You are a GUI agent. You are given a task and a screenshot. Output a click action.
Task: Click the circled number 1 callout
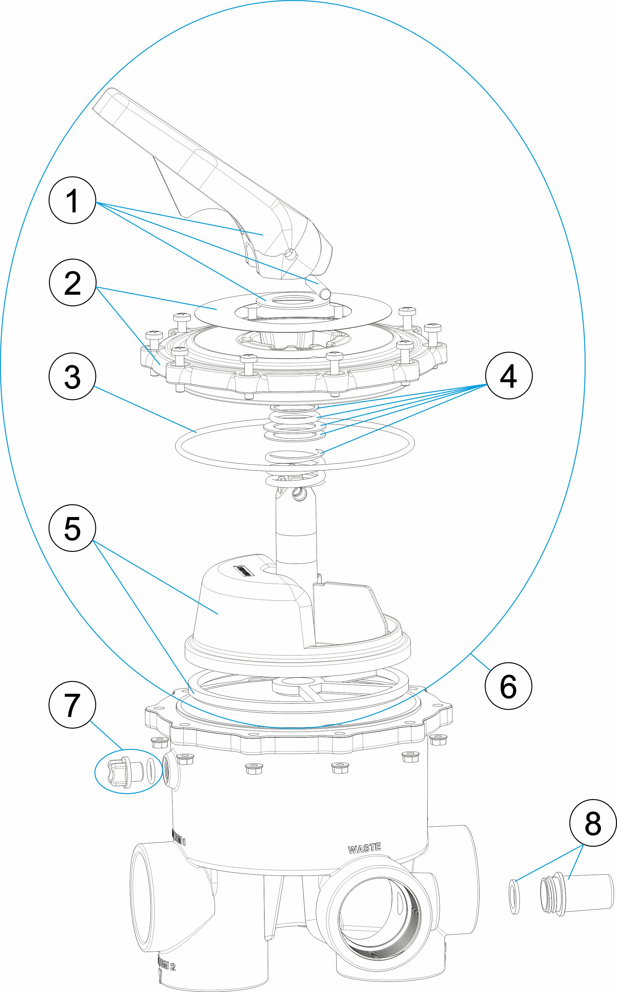[72, 200]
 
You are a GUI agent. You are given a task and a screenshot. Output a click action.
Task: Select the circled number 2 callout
[72, 282]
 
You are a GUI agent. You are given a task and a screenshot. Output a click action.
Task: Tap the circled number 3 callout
[72, 376]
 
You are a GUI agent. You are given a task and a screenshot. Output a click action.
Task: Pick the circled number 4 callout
[508, 375]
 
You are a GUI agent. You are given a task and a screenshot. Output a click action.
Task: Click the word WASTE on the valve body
[364, 848]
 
